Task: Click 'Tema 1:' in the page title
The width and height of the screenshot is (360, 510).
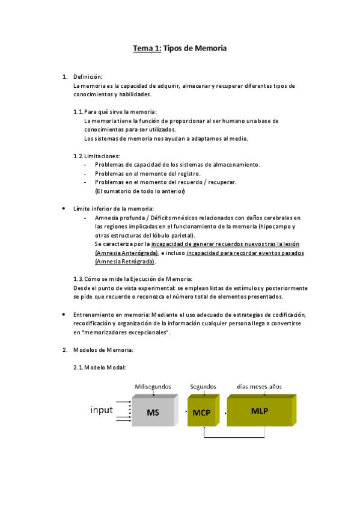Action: [x=147, y=49]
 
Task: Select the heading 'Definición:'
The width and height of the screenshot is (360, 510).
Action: [x=88, y=77]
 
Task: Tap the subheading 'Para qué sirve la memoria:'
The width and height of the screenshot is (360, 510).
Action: [x=120, y=112]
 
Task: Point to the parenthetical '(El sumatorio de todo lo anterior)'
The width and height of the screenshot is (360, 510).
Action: [x=140, y=191]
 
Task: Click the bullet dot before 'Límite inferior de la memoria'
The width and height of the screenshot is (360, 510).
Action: [x=64, y=208]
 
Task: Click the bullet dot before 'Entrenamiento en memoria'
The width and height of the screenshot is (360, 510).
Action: [x=64, y=315]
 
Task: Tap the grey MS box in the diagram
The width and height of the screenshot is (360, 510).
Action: [x=153, y=413]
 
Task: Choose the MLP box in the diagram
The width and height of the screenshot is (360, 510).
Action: [x=260, y=411]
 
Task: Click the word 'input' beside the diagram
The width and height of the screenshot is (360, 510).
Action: [x=102, y=410]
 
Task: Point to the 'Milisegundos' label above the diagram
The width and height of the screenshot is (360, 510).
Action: [x=153, y=386]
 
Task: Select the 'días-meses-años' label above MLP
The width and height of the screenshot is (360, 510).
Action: [x=259, y=386]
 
